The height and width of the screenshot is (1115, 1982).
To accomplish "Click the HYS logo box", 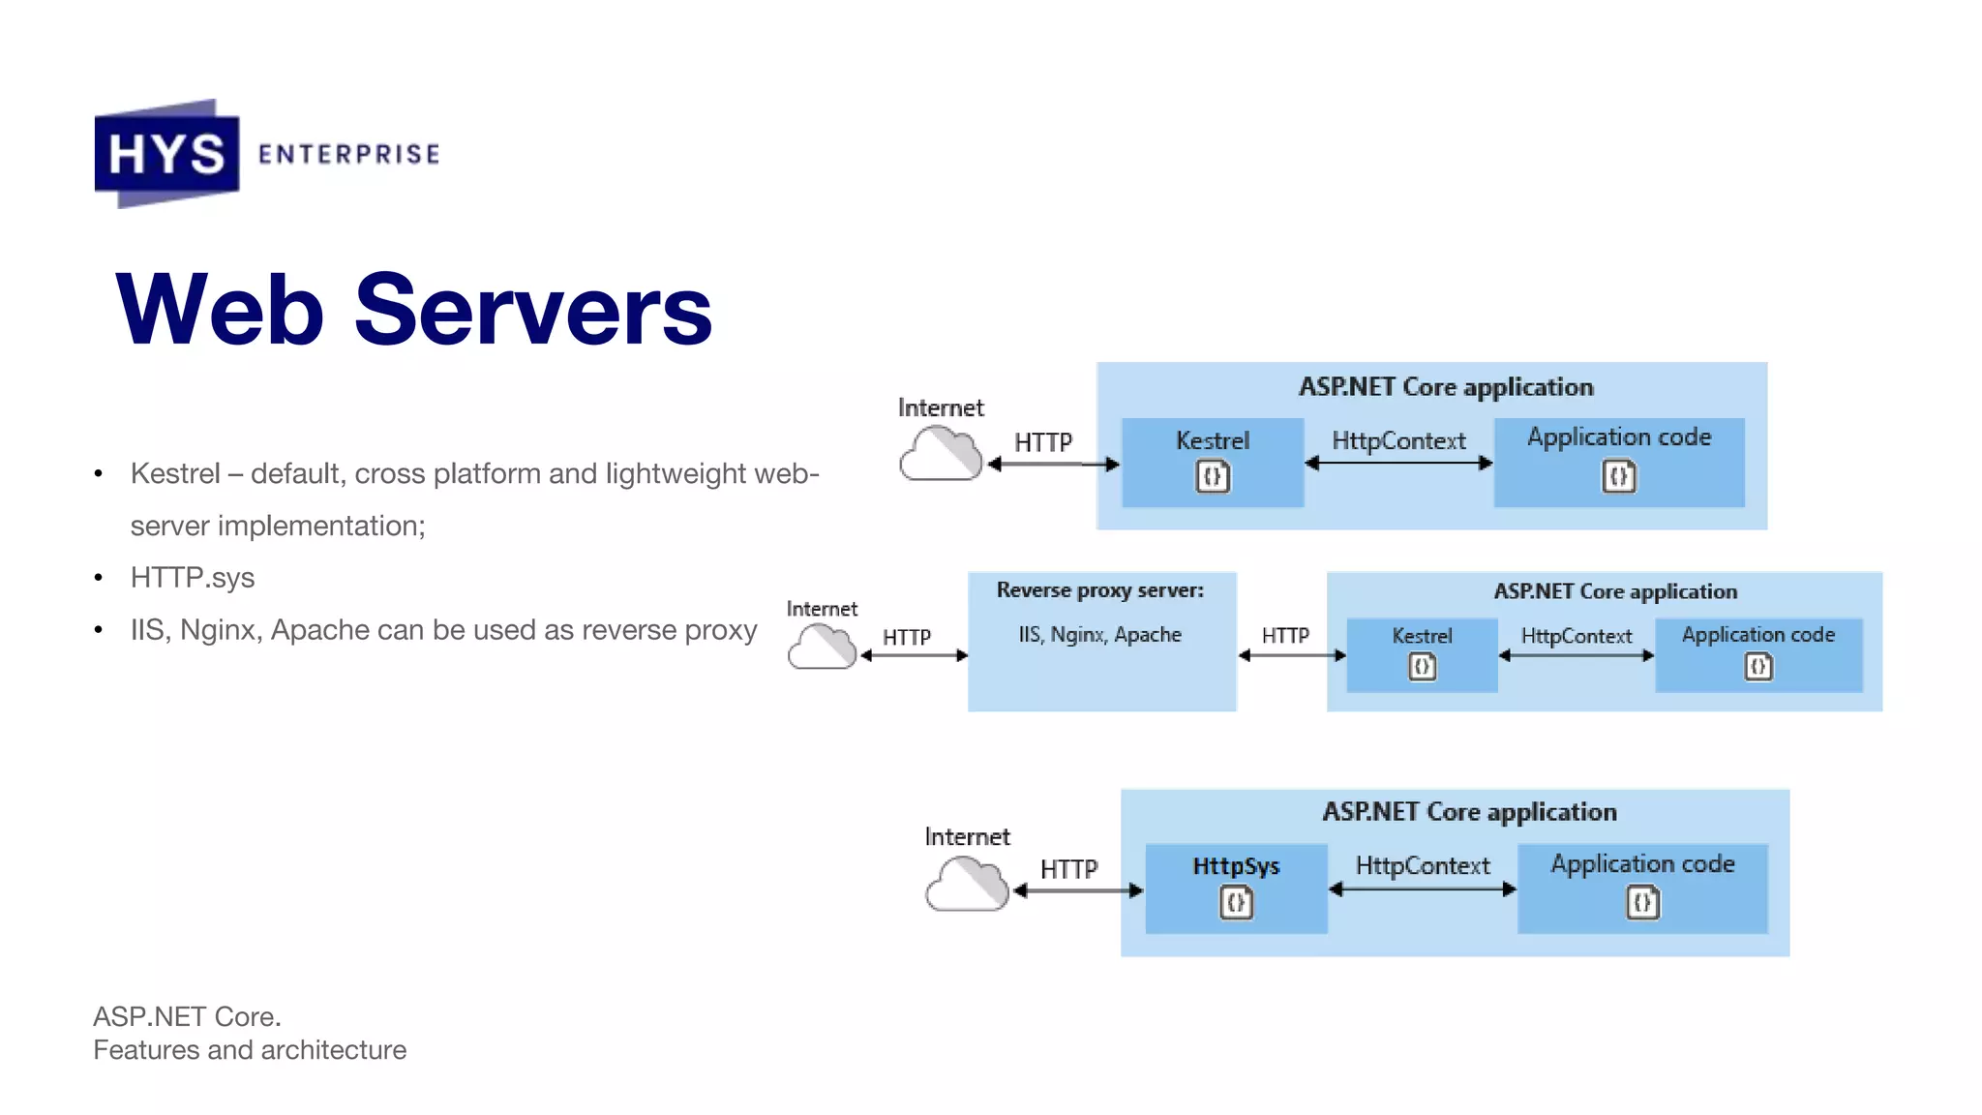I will pos(166,153).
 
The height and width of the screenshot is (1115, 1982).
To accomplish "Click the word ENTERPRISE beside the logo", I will pos(348,155).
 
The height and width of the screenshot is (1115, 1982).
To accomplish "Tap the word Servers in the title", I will pos(533,310).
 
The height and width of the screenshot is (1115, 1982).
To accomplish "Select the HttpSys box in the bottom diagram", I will pos(1236,888).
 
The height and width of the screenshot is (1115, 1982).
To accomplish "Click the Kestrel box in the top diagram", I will pos(1212,462).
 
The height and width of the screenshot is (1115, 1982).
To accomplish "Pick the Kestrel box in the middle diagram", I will pos(1422,654).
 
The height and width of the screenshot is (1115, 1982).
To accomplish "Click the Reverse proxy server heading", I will pos(1100,590).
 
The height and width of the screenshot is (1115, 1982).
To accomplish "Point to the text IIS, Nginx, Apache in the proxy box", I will pos(1100,635).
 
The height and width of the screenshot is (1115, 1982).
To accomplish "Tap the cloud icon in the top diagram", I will pos(940,454).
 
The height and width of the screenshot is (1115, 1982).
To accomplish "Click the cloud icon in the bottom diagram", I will pos(966,884).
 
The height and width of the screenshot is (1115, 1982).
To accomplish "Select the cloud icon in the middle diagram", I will pos(822,647).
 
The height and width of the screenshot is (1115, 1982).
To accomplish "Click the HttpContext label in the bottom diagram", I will pos(1423,865).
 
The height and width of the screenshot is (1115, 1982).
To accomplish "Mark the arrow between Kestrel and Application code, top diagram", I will pos(1398,464).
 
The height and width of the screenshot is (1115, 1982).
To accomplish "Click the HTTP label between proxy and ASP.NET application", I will pos(1285,635).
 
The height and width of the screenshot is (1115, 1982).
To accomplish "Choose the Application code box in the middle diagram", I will pos(1758,654).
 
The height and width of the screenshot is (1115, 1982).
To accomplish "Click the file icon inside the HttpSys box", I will pos(1236,903).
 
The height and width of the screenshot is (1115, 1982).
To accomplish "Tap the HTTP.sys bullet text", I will pos(193,578).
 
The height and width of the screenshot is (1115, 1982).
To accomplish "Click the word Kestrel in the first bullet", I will pos(175,473).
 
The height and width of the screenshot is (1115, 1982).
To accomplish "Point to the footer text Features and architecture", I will pos(250,1050).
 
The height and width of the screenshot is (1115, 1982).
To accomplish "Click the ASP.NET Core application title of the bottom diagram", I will pos(1469,812).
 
